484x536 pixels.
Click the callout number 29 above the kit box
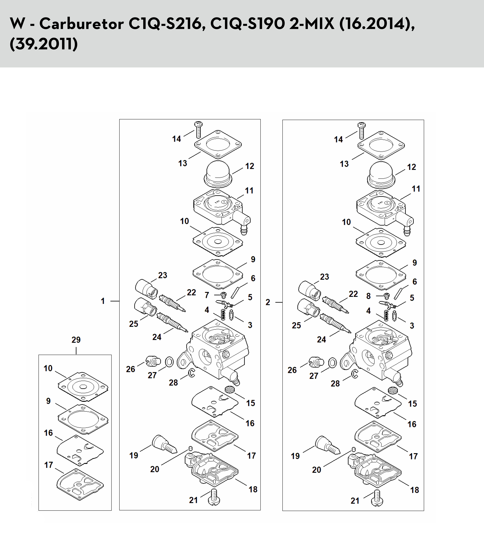[76, 340]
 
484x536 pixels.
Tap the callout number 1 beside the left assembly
[103, 301]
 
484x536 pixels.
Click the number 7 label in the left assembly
[207, 295]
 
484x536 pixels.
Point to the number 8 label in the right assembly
[368, 296]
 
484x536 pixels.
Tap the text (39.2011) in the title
[44, 44]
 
